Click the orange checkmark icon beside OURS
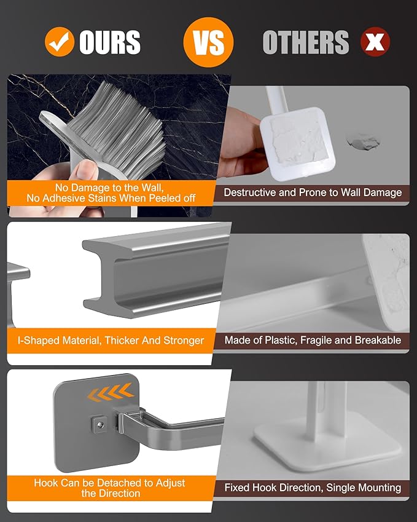click(60, 42)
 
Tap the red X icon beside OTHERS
click(375, 42)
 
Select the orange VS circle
click(208, 42)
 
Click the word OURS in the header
click(110, 42)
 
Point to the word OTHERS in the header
click(306, 42)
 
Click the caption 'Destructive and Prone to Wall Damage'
click(313, 192)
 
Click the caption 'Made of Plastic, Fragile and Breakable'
click(313, 340)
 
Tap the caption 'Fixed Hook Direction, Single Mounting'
click(313, 488)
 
